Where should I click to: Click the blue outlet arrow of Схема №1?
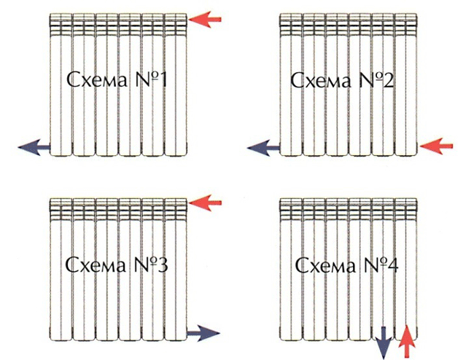coord(34,148)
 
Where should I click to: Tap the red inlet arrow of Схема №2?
coord(438,147)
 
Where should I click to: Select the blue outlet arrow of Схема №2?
coord(264,149)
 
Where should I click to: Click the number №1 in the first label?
coord(152,78)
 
